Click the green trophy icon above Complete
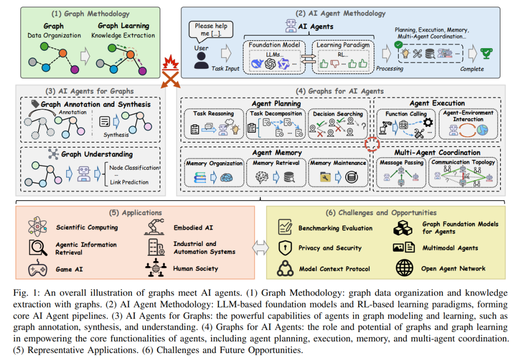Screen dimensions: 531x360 486,54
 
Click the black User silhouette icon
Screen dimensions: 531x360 201,61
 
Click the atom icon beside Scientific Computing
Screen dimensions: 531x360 37,227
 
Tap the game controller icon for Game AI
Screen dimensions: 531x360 37,269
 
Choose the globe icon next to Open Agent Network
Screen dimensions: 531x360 404,268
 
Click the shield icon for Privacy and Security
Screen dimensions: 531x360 285,248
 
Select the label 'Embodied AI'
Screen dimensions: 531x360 193,228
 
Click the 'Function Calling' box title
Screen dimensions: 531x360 406,114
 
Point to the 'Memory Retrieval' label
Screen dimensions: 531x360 276,163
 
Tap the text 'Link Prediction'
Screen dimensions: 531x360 129,182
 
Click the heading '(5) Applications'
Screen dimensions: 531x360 136,212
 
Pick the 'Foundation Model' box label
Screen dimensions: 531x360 274,45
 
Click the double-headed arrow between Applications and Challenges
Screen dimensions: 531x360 261,247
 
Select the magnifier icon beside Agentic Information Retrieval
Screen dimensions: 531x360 37,247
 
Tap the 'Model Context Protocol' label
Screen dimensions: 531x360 334,269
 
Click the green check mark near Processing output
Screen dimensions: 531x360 399,44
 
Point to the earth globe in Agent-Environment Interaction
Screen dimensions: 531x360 483,130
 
